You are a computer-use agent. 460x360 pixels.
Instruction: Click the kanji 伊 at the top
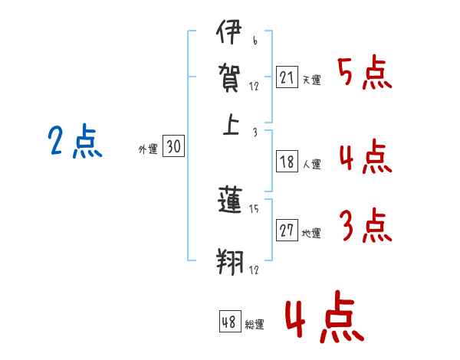[229, 32]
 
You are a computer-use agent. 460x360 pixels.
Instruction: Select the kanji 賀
[229, 78]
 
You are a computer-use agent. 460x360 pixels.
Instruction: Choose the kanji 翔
[230, 262]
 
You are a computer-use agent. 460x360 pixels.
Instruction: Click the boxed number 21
[287, 77]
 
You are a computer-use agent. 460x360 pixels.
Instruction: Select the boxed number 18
[287, 162]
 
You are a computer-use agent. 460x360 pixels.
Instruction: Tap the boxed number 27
[287, 230]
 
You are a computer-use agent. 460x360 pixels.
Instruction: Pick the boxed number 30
[173, 146]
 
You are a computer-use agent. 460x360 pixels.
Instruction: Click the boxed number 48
[230, 321]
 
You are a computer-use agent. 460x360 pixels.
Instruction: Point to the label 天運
[312, 80]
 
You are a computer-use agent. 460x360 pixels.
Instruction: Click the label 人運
[312, 164]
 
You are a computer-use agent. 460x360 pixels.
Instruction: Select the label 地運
[311, 233]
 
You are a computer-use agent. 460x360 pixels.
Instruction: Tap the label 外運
[148, 149]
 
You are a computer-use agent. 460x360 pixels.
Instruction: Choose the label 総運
[255, 324]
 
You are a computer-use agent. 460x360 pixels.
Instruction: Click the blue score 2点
[75, 141]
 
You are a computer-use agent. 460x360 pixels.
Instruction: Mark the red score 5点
[365, 73]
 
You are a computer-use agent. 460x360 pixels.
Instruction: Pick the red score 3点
[366, 225]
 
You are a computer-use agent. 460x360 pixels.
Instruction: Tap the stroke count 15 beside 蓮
[254, 209]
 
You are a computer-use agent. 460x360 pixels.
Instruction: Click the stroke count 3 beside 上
[255, 133]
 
